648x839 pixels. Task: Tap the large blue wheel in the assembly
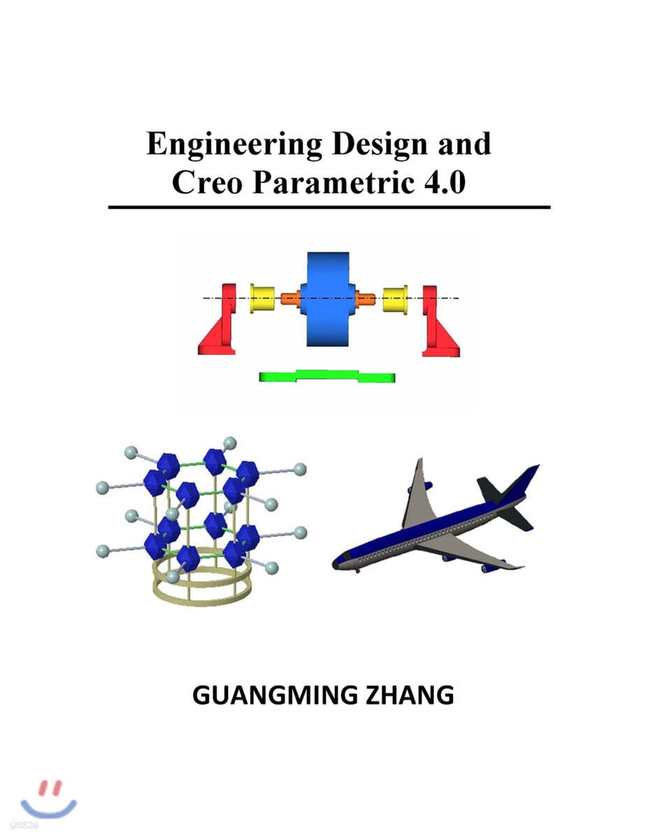coord(328,299)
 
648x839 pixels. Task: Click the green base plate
coord(327,377)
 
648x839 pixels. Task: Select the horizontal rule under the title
coord(329,207)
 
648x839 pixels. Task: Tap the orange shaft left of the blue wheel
coord(290,299)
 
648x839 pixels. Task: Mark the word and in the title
coord(464,144)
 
